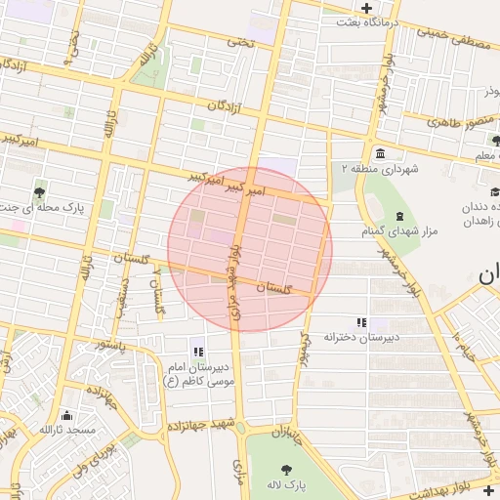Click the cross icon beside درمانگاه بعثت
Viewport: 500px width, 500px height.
[365, 8]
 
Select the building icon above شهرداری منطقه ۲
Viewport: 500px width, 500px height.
[379, 153]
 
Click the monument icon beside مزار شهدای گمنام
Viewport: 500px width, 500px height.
[399, 215]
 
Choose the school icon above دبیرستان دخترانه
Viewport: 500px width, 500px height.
[360, 321]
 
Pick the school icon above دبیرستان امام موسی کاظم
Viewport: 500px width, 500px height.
[198, 351]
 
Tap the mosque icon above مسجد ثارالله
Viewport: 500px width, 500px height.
[66, 415]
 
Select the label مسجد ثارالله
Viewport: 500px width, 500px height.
[67, 430]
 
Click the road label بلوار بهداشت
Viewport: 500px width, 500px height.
[460, 494]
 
